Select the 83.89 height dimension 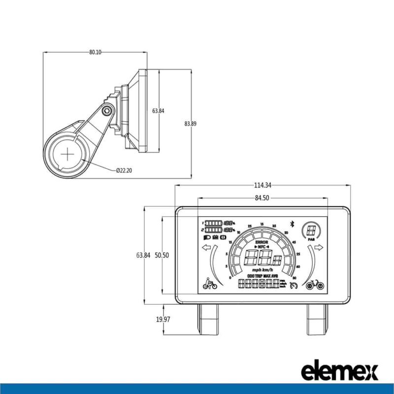tap(190, 124)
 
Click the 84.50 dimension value tap(262, 198)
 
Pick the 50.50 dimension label tap(162, 255)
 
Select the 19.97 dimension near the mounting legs tap(163, 320)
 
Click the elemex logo tap(339, 370)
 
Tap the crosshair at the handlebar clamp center tap(67, 155)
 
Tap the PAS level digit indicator tap(311, 230)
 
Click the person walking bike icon tap(210, 284)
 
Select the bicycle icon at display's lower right tap(314, 285)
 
